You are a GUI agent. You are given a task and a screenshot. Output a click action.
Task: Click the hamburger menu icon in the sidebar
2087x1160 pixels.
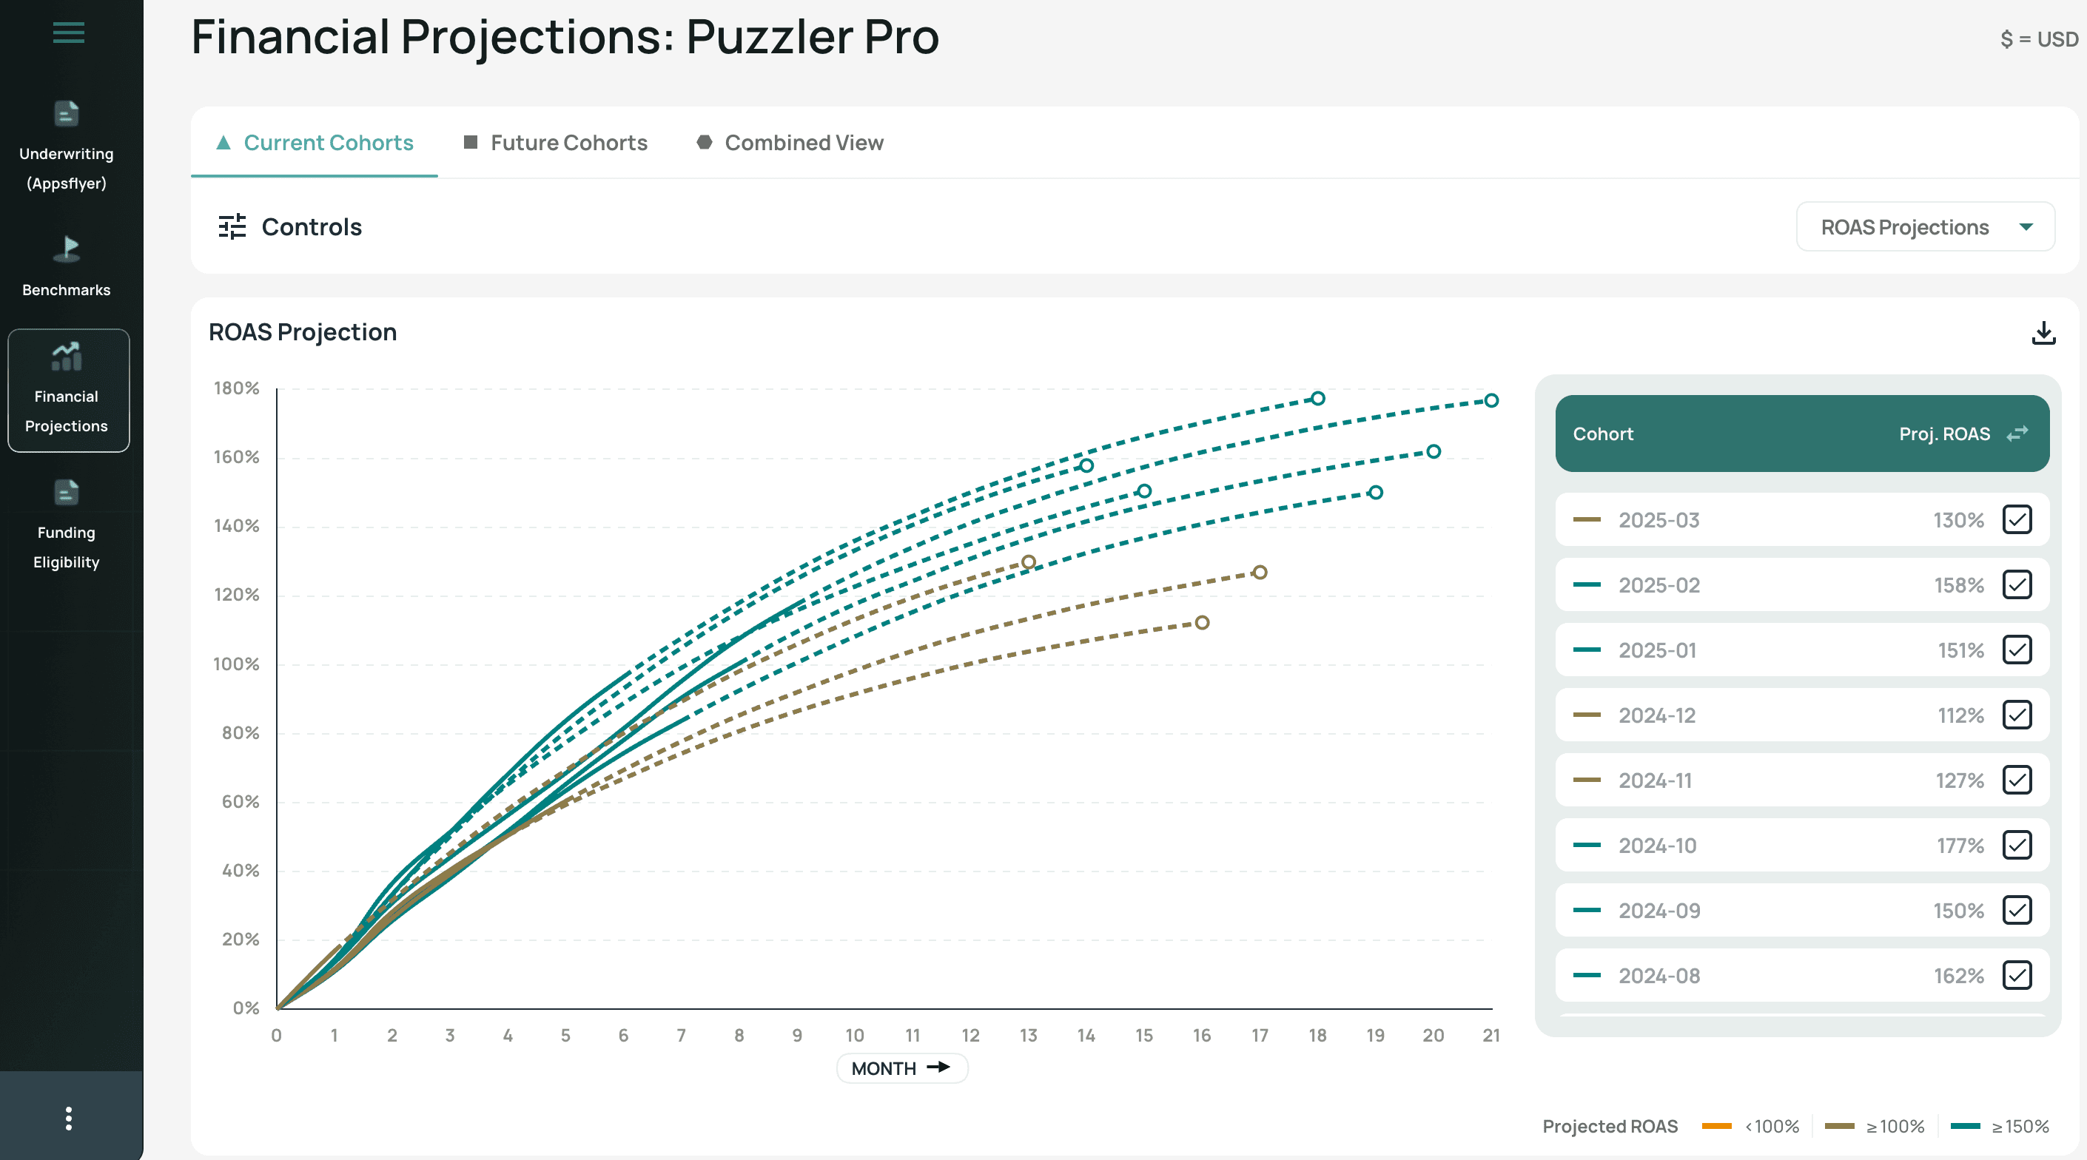(68, 33)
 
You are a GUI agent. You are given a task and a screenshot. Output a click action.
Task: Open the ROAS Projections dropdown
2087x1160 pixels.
(1925, 227)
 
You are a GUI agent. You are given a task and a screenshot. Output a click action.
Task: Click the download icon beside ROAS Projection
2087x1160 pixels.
(2043, 332)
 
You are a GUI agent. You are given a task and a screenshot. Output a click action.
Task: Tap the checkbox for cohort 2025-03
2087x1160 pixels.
(2017, 519)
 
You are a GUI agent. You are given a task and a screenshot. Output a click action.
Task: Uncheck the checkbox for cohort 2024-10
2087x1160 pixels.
(2017, 845)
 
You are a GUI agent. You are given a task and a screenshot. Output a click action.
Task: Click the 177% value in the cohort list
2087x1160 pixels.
(1960, 846)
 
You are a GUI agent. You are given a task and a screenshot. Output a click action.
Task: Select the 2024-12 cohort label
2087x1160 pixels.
(1656, 715)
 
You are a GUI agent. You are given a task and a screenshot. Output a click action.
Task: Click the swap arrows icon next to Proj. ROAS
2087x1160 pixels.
(2017, 434)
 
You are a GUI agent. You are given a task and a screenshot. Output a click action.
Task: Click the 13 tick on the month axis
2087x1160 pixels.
(1028, 1035)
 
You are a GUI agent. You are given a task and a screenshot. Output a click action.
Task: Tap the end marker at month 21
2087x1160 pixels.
(1491, 400)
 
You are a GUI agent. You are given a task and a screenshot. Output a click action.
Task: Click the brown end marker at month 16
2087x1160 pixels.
(1201, 622)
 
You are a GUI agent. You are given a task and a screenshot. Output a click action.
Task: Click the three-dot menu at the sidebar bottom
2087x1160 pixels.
(68, 1118)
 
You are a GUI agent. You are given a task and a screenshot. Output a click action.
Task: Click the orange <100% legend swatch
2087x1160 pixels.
(1716, 1126)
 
